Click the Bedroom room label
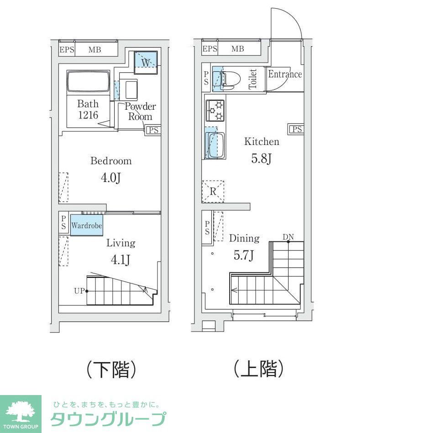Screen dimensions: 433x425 [x=111, y=161]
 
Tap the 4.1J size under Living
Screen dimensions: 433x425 [x=120, y=260]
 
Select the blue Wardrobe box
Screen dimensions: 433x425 [x=86, y=226]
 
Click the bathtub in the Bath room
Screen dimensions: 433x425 [x=88, y=82]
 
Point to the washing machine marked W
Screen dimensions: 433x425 [x=145, y=62]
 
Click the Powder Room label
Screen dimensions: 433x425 [x=140, y=112]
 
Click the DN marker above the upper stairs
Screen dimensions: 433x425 [x=288, y=237]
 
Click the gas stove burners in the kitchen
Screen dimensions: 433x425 [x=215, y=110]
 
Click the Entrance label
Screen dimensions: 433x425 [x=285, y=74]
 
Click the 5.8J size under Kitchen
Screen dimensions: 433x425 [x=262, y=159]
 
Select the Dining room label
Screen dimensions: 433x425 [x=244, y=238]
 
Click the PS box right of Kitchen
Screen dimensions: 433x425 [x=296, y=129]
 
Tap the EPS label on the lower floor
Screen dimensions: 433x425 [x=67, y=50]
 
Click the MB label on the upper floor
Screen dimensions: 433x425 [x=237, y=49]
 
